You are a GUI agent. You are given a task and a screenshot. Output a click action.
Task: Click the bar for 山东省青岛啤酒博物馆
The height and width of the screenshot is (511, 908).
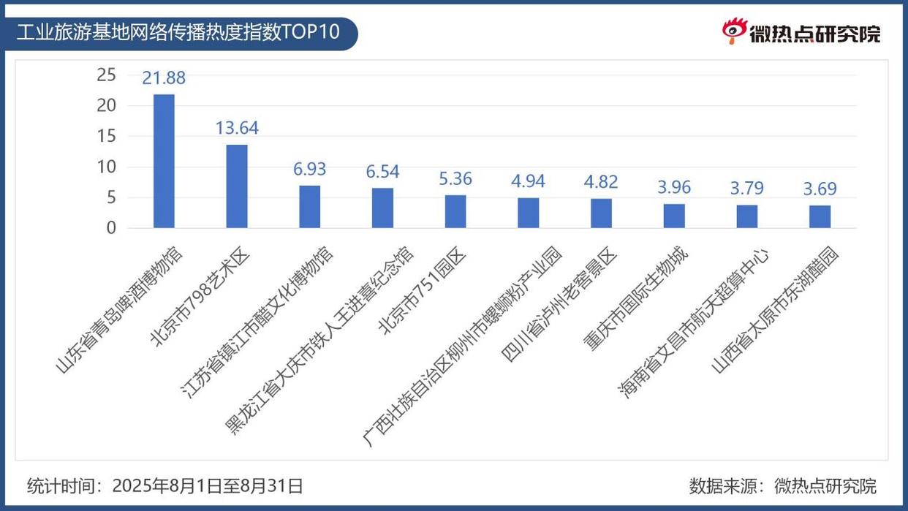[x=164, y=161]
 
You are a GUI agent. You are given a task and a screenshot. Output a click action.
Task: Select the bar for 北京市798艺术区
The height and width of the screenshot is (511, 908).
[x=237, y=186]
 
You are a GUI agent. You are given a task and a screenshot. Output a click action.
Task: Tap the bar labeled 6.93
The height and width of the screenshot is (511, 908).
[x=309, y=207]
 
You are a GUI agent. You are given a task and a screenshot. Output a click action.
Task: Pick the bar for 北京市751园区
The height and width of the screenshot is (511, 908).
[x=455, y=211]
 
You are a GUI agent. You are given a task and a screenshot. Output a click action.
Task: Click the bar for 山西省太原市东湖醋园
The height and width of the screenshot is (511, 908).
[x=820, y=216]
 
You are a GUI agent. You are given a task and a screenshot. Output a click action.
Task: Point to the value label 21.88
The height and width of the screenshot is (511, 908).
[x=164, y=78]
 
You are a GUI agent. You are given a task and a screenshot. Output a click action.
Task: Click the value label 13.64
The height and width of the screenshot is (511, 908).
[x=237, y=128]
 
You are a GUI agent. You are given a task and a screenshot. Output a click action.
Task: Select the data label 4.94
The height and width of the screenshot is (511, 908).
[x=529, y=181]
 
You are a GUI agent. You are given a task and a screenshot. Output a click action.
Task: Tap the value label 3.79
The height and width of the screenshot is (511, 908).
[x=746, y=189]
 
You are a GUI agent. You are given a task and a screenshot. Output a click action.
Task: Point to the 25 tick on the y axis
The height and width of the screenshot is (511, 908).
[x=107, y=75]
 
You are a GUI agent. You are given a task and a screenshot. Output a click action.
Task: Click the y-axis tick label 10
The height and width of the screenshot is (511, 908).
[x=107, y=167]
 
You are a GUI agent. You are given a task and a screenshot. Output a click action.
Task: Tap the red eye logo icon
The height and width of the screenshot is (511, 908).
[x=733, y=31]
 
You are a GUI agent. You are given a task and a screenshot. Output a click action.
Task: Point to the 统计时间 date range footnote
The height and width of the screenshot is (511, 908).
[x=165, y=485]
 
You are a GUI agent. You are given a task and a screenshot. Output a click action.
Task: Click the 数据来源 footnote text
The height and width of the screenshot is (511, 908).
[x=782, y=485]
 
